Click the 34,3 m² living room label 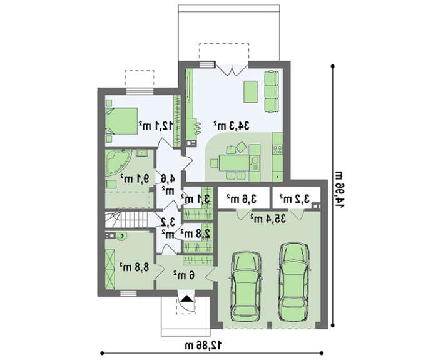[232, 126]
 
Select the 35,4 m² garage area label [268, 219]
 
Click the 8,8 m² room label [134, 267]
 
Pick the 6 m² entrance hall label [184, 275]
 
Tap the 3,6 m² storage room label [242, 199]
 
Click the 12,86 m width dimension [203, 344]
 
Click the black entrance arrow [187, 299]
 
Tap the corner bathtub [118, 162]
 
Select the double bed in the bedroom [121, 121]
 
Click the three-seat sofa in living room [272, 91]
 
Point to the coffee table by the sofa [250, 92]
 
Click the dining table [234, 163]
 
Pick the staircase [126, 219]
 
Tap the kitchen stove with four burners [277, 150]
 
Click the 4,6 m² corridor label [168, 185]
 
